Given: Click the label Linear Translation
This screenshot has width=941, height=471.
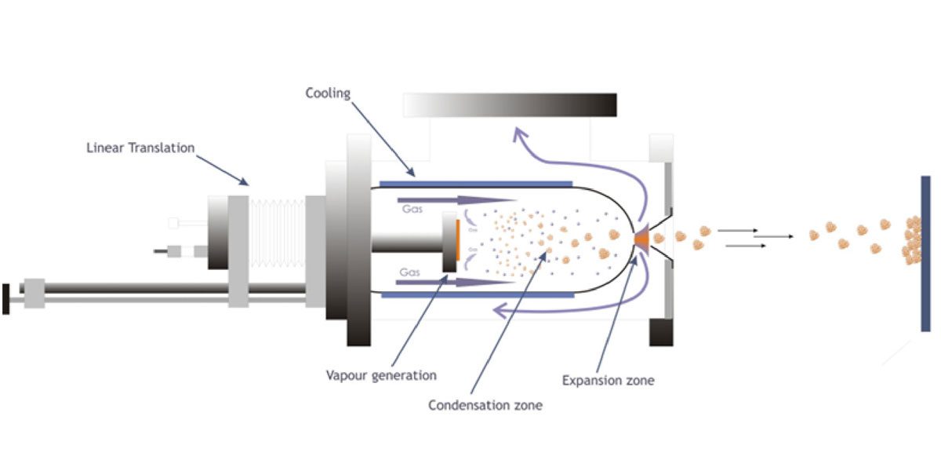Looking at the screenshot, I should [140, 148].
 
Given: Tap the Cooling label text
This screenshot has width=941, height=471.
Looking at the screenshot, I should [328, 93].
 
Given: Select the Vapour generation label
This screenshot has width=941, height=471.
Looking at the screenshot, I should [381, 375].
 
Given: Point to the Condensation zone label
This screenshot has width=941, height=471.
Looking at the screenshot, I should [485, 405].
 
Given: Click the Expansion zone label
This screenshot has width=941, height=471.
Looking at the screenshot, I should [609, 381].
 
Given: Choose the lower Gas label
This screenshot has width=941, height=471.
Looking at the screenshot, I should [411, 272].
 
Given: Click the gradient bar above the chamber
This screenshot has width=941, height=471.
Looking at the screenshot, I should [510, 105].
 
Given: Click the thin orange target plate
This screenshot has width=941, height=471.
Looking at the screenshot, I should [456, 243].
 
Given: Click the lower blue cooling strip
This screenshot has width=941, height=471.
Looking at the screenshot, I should [475, 294].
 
